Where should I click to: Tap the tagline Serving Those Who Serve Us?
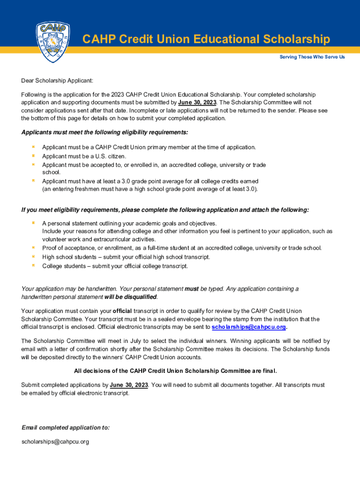tap(312, 57)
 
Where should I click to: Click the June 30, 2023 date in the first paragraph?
tap(197, 102)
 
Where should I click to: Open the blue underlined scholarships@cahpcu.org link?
tap(249, 327)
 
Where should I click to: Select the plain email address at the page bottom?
tap(55, 442)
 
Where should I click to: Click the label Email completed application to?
tap(66, 428)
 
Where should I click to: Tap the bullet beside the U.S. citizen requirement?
tap(33, 156)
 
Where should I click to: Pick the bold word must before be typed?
tap(192, 289)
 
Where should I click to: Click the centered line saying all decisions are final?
tap(176, 371)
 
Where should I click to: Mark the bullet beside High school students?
tap(33, 257)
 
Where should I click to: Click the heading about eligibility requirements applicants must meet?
tap(105, 132)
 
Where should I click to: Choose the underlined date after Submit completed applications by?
tap(129, 385)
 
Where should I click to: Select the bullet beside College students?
tap(33, 266)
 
